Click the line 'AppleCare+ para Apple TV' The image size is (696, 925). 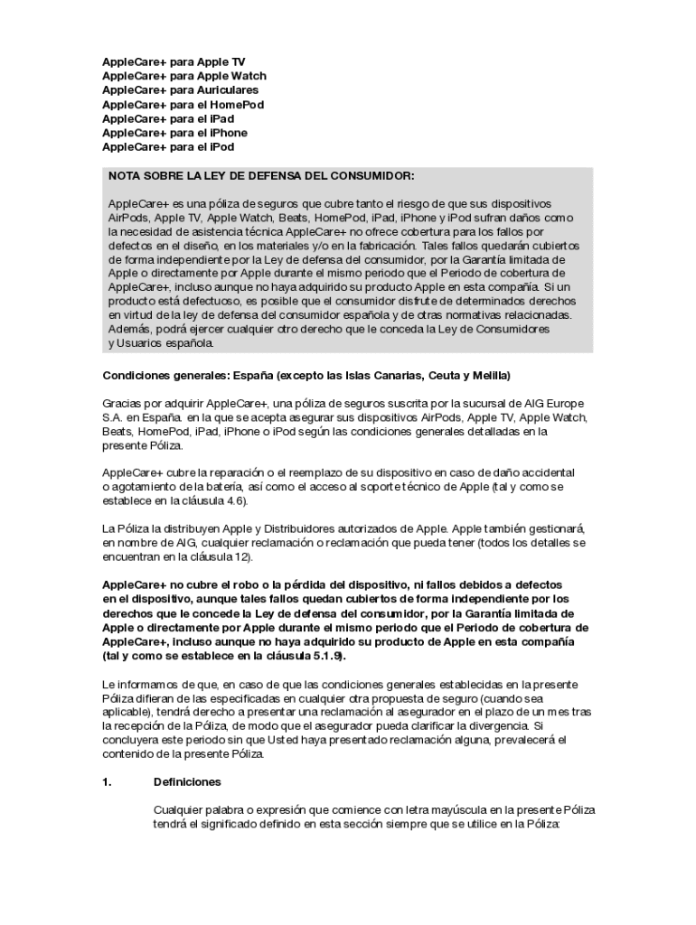[x=174, y=61]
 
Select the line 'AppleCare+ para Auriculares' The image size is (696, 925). [x=180, y=90]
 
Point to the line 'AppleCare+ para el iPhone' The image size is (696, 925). [x=174, y=133]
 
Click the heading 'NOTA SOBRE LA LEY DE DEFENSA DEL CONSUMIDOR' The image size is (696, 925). [x=261, y=175]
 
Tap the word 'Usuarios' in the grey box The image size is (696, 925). [x=143, y=343]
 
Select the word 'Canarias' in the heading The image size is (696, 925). [x=388, y=374]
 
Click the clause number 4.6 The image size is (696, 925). [x=231, y=500]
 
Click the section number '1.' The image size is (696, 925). [x=107, y=782]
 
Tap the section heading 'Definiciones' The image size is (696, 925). [x=187, y=782]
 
